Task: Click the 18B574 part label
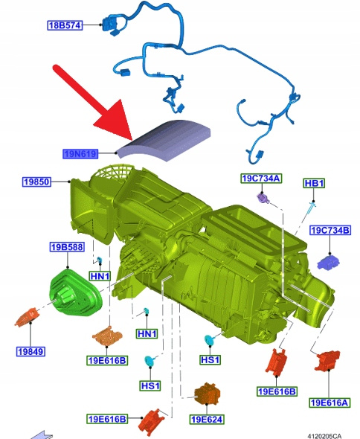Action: (x=65, y=25)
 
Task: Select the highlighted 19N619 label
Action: (x=80, y=154)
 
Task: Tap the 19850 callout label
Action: (x=36, y=182)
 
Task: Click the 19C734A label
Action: (x=261, y=179)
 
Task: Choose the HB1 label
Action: (x=314, y=183)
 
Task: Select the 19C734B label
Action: (x=330, y=231)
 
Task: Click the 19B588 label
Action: (x=67, y=247)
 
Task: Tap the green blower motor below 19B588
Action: (x=75, y=292)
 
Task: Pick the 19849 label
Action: (x=30, y=351)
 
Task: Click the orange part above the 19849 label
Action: (x=28, y=317)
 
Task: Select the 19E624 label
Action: (x=207, y=420)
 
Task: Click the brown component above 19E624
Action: (x=208, y=394)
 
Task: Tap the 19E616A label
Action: (x=330, y=403)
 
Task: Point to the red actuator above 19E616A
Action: (x=327, y=361)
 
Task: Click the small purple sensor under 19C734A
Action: (x=263, y=198)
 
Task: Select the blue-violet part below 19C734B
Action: (x=328, y=263)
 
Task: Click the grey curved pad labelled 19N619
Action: (x=164, y=141)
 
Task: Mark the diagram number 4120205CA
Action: (x=324, y=436)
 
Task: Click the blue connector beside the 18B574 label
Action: (x=110, y=25)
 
